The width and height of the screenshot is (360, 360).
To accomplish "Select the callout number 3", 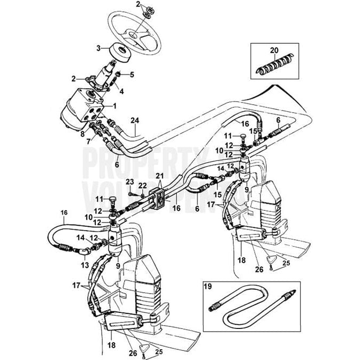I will click(98, 48).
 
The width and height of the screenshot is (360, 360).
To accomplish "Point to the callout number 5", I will click(132, 74).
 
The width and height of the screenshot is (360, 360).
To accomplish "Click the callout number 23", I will click(130, 182).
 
